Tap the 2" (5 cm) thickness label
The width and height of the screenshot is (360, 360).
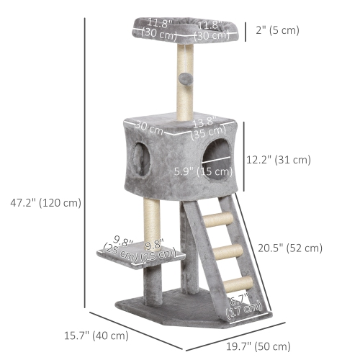(277, 30)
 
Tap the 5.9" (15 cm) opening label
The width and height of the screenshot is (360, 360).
(204, 171)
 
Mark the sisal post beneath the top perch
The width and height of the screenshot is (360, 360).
(185, 79)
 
